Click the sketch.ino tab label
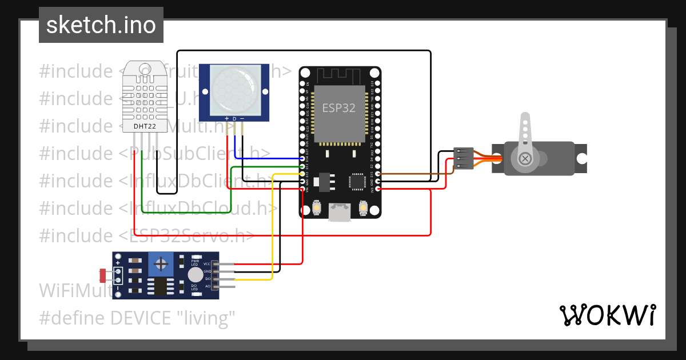point(101,25)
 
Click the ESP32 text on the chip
point(338,108)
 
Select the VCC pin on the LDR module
point(226,264)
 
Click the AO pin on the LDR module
point(226,286)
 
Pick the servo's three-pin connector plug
point(464,159)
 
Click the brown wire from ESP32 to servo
point(412,173)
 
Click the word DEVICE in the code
point(142,317)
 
